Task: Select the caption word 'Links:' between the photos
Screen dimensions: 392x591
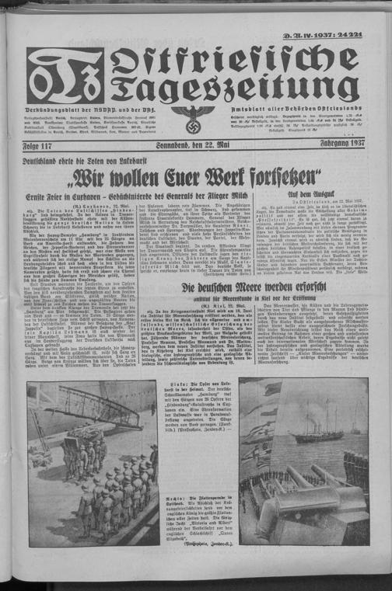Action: (177, 385)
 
